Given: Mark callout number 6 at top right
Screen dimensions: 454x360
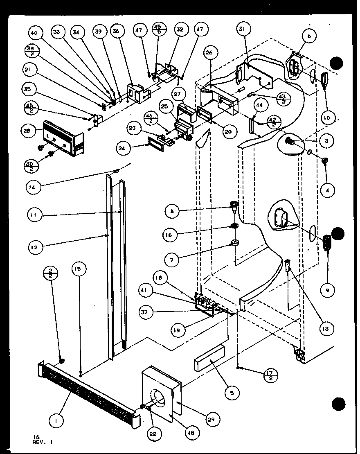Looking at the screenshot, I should pos(309,36).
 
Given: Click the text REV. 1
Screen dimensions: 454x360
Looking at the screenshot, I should pos(43,442).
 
